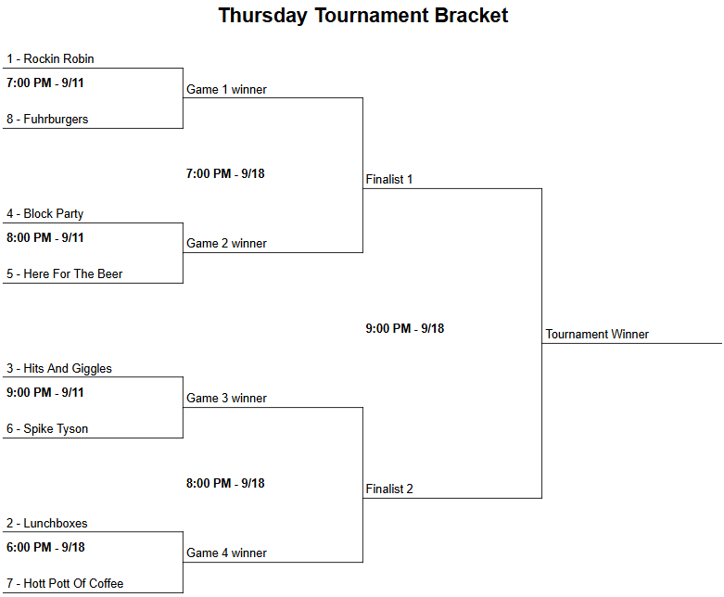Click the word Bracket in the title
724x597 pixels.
click(x=471, y=15)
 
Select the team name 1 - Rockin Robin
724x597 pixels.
click(x=50, y=58)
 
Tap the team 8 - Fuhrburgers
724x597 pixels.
click(x=47, y=120)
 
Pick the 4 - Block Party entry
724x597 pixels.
click(x=44, y=214)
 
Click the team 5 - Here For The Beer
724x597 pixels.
click(x=64, y=273)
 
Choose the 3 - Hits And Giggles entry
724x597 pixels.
click(x=59, y=368)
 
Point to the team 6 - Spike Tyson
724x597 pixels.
click(x=47, y=428)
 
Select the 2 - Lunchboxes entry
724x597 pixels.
click(x=46, y=523)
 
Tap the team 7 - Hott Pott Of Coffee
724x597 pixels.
click(x=65, y=584)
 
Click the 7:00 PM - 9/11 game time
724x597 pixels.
click(x=44, y=83)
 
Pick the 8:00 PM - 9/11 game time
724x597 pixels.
click(x=44, y=238)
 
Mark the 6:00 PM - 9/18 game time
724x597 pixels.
click(x=45, y=547)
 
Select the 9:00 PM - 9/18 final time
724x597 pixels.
click(x=404, y=328)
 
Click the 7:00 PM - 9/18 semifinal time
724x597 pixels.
click(x=225, y=173)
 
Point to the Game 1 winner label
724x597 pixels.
click(x=226, y=90)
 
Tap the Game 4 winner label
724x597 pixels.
click(x=226, y=553)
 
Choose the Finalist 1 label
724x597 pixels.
click(x=388, y=179)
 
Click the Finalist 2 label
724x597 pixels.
click(x=389, y=489)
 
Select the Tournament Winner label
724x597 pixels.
click(x=597, y=335)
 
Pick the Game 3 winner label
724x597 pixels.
click(x=226, y=398)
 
